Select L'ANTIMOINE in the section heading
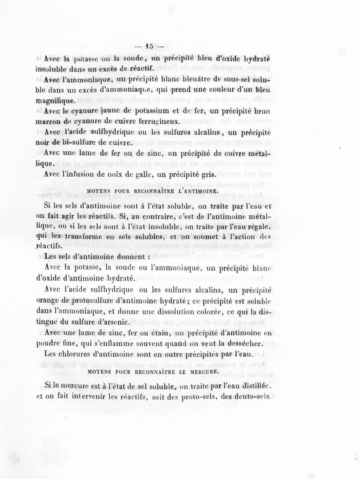pos(197,191)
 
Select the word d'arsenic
pos(112,322)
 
